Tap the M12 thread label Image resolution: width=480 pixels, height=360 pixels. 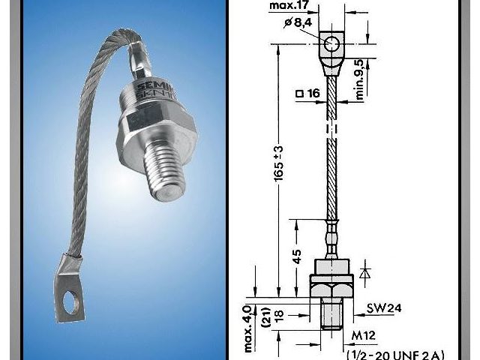click(362, 332)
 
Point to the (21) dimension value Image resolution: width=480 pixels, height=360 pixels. click(265, 314)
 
